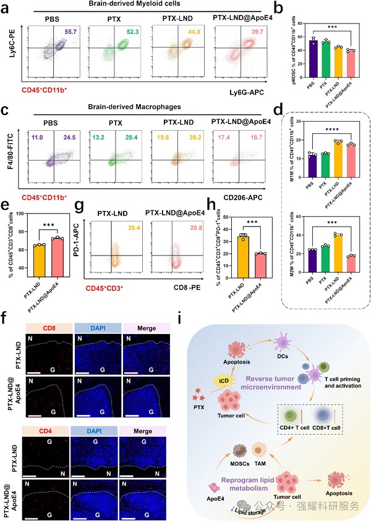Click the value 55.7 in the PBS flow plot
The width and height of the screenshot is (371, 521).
tap(69, 39)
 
